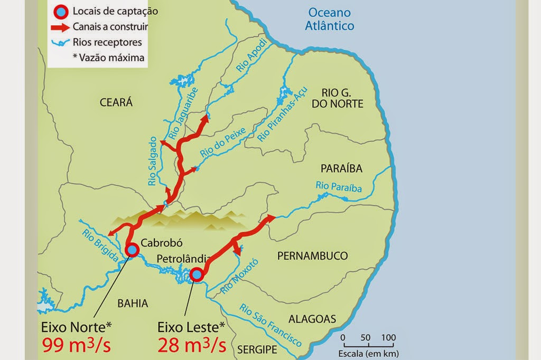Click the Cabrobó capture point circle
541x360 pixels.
[x=132, y=249]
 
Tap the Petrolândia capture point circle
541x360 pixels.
[x=197, y=274]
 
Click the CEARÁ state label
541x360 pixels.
[x=116, y=103]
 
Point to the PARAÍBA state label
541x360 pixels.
[x=342, y=169]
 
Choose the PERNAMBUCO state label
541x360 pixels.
[x=312, y=256]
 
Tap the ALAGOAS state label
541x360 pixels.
[x=312, y=319]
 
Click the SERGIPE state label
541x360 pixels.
[x=257, y=349]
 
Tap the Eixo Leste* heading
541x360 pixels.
[x=192, y=325]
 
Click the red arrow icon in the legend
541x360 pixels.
[x=63, y=26]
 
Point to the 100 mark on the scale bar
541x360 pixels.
[x=388, y=337]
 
